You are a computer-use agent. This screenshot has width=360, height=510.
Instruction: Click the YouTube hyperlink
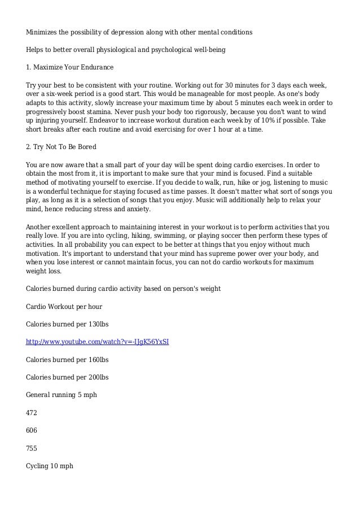tap(98, 342)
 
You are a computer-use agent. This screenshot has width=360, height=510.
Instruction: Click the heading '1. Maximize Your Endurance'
tap(70, 67)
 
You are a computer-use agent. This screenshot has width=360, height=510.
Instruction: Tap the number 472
tap(32, 413)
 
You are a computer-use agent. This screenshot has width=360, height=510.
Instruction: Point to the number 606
tap(32, 430)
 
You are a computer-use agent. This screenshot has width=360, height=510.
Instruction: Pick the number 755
tap(32, 448)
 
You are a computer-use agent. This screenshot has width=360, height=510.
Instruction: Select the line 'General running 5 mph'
tap(62, 395)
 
